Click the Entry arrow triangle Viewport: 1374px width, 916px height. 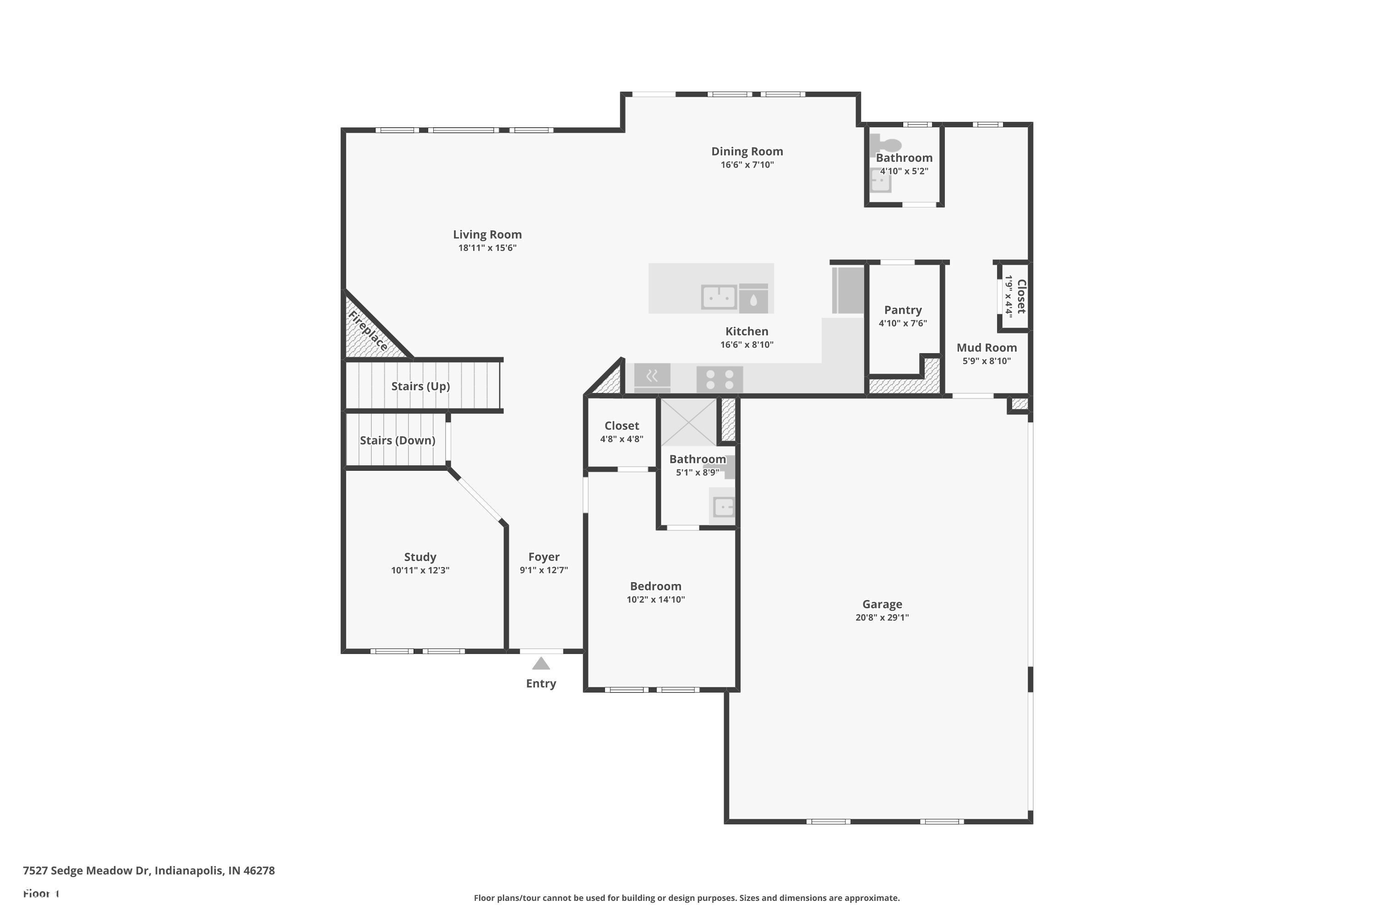(x=541, y=664)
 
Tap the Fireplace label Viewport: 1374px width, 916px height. (x=368, y=331)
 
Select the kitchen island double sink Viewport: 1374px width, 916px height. (x=719, y=297)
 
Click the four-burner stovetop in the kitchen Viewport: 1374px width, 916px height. (x=720, y=379)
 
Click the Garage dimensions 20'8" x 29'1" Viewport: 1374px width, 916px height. (x=882, y=617)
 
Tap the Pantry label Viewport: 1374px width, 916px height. (x=903, y=310)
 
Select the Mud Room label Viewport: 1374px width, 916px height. (x=987, y=348)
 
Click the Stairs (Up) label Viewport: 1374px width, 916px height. (x=420, y=386)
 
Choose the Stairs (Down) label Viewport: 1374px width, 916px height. (x=397, y=441)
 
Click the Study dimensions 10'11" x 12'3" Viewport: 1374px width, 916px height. (x=420, y=570)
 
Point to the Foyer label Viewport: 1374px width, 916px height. (x=544, y=557)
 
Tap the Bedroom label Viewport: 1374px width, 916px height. (x=655, y=586)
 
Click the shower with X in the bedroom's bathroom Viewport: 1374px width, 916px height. (x=689, y=422)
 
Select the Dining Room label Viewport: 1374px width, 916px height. (x=747, y=151)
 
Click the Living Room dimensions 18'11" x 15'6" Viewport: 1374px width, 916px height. (x=487, y=248)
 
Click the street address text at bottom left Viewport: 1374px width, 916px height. (x=149, y=871)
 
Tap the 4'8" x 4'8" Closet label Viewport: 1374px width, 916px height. (x=622, y=426)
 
